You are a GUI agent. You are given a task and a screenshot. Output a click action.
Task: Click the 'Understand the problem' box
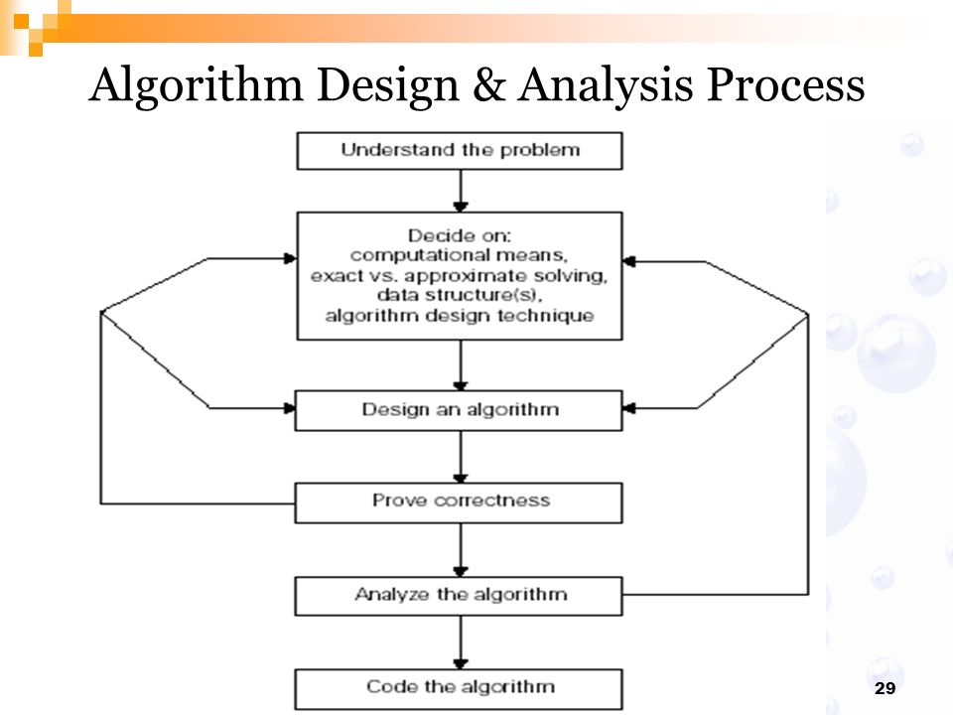click(x=460, y=151)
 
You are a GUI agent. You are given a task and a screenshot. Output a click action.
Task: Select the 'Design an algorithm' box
click(x=459, y=410)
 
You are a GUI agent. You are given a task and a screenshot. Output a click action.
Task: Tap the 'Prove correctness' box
click(x=459, y=502)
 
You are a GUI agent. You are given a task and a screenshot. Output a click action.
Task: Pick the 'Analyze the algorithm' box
click(x=459, y=596)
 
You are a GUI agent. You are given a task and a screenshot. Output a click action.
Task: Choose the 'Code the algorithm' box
click(x=459, y=689)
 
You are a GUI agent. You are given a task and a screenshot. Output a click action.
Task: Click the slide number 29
click(x=885, y=687)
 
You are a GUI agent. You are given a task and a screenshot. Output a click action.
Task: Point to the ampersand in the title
click(x=488, y=84)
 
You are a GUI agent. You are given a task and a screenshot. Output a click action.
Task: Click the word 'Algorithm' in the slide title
click(x=196, y=85)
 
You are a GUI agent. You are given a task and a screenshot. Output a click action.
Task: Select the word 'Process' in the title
click(x=786, y=84)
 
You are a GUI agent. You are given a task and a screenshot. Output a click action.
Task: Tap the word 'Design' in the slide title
click(x=388, y=85)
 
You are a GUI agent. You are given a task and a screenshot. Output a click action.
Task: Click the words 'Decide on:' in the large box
click(x=460, y=235)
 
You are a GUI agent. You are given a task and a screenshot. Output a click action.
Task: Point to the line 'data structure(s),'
click(x=460, y=295)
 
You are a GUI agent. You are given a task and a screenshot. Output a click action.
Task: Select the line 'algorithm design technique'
click(x=460, y=316)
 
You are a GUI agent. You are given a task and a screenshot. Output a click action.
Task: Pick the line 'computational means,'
click(x=460, y=255)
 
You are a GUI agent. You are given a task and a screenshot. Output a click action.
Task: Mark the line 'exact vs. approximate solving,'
click(x=460, y=275)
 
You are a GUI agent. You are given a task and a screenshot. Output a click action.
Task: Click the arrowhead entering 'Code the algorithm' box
click(x=461, y=663)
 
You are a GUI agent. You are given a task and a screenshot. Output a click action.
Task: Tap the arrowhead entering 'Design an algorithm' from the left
click(x=289, y=408)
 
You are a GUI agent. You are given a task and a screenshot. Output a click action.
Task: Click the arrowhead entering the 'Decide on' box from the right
click(x=629, y=261)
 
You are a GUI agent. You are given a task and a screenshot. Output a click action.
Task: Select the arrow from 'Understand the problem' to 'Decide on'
click(x=461, y=191)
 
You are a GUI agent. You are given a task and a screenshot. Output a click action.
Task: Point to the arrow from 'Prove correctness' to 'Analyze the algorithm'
click(x=461, y=549)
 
